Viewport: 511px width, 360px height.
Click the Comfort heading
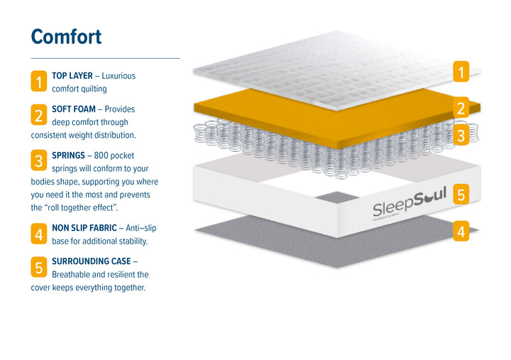point(66,36)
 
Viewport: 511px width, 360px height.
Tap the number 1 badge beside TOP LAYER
point(39,82)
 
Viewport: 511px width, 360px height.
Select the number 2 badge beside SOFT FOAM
point(39,115)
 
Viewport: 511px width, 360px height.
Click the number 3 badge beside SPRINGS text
point(39,160)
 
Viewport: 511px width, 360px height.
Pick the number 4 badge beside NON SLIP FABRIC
point(39,234)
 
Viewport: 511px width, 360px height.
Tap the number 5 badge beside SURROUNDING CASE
point(39,267)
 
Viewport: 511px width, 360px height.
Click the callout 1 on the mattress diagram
point(461,72)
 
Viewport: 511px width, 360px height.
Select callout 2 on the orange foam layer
point(461,109)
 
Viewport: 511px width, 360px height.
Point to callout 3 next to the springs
point(461,136)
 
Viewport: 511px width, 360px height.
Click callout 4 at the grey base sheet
point(461,231)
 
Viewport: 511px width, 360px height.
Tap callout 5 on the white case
point(461,194)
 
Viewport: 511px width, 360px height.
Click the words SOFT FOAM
point(74,109)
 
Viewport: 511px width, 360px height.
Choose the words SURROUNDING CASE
point(90,261)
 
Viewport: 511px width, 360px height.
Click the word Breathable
point(73,274)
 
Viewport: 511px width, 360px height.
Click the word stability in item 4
point(131,241)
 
